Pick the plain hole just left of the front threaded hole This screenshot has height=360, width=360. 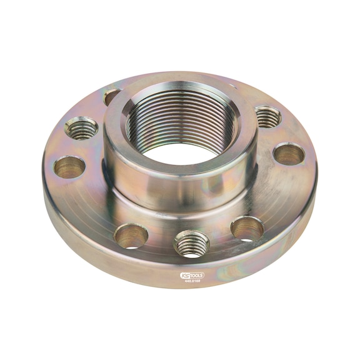131,236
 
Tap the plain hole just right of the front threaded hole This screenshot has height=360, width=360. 246,228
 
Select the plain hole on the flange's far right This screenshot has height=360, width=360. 289,154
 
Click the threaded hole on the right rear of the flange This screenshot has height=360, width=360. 267,116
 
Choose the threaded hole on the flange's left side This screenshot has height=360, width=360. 81,129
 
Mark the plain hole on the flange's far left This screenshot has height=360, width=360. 69,167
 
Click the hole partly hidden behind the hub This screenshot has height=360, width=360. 111,96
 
